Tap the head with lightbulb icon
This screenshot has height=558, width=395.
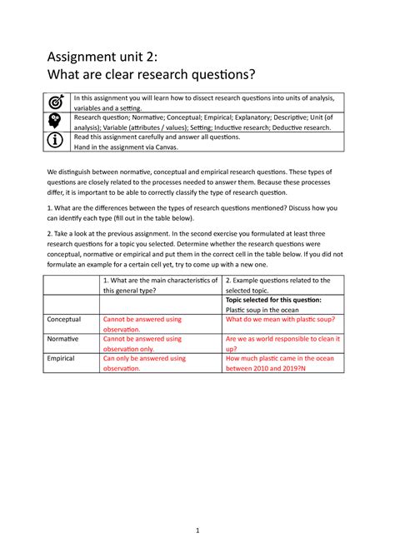coord(56,122)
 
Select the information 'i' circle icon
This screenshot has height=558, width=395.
coord(56,141)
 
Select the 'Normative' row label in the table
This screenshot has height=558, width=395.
coord(62,339)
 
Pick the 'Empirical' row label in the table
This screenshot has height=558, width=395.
coord(61,358)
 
